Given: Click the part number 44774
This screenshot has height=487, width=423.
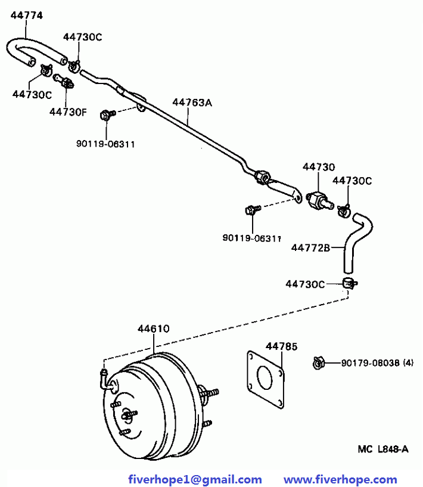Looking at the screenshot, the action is [27, 15].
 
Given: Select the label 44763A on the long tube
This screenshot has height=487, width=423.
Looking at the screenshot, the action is [192, 103].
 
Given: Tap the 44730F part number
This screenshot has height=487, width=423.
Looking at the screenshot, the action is [69, 112].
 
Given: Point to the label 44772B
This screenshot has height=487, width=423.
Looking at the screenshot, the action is [310, 248].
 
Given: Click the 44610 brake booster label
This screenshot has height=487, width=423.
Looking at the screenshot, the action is [154, 328].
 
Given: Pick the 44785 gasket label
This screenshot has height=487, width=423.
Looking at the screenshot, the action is [281, 346].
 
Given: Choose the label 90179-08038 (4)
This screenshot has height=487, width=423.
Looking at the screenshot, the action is [377, 363].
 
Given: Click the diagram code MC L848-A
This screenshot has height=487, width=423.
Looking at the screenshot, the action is [383, 449].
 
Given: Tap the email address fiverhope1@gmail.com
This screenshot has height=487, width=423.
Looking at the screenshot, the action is [195, 479].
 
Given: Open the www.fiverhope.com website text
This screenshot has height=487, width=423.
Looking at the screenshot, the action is [340, 479].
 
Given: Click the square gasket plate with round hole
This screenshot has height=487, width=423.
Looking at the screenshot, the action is [266, 380].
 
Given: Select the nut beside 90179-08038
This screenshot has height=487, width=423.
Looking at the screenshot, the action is [318, 363].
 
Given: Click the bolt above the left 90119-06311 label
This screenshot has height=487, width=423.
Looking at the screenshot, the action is [107, 114].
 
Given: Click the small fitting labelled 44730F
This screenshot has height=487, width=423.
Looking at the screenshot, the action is [64, 81].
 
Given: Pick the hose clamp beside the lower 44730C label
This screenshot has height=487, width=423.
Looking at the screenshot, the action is [350, 284].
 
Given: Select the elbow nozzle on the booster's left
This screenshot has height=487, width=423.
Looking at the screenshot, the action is [105, 379].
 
